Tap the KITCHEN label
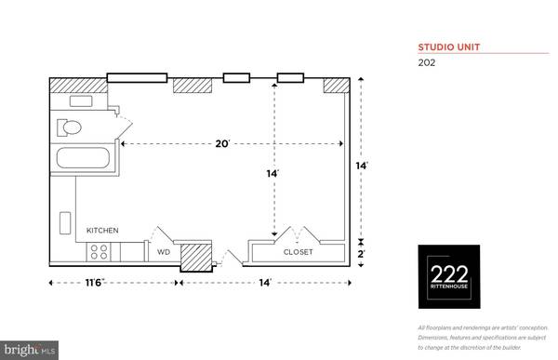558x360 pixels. tap(103, 231)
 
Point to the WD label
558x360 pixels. tap(163, 251)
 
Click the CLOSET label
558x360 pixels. tap(298, 252)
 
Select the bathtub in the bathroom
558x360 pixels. tap(84, 158)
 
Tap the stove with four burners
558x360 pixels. tap(100, 251)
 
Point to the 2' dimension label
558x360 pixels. tap(363, 252)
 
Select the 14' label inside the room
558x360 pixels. tap(272, 173)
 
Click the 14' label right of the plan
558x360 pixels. tap(363, 166)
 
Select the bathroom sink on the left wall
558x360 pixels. tap(65, 224)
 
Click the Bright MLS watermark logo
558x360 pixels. tap(30, 352)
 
